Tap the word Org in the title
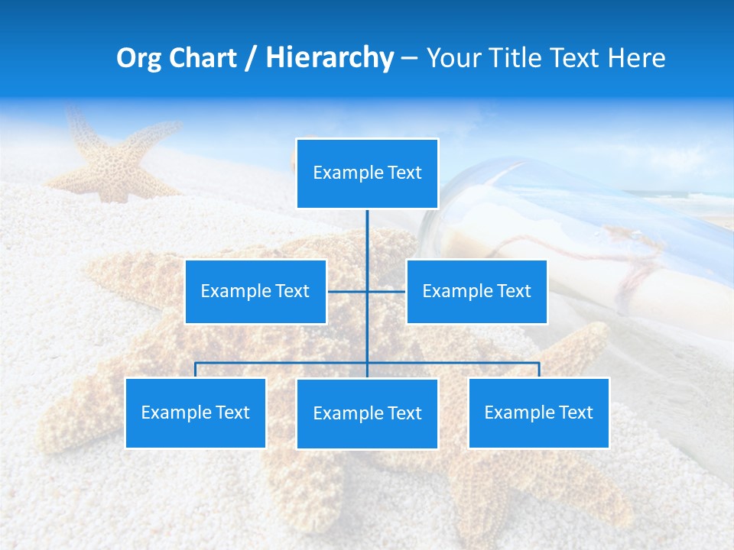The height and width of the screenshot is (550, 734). coord(139,58)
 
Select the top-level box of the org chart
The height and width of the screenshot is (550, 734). coord(367,173)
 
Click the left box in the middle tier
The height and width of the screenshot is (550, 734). coord(255,291)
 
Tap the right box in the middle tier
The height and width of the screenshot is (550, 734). coord(476,291)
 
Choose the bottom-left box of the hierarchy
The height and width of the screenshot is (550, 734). coord(195,412)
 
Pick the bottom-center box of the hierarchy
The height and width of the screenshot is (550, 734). coord(367,413)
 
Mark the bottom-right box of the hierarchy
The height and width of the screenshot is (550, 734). coord(538,412)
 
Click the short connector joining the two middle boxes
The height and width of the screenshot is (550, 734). coord(348,291)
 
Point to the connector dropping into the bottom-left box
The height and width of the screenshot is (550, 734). coord(196,370)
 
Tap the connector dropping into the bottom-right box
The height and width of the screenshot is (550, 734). coord(539,370)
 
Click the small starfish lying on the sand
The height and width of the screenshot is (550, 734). coord(115,160)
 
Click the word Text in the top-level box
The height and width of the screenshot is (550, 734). coord(404,173)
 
